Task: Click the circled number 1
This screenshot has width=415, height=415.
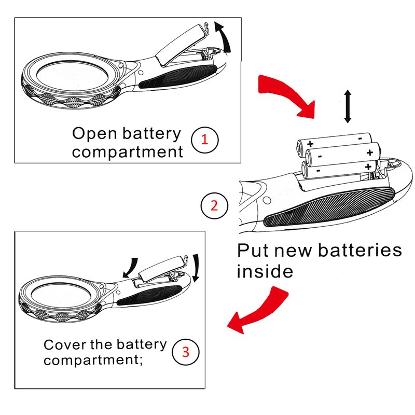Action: point(204,139)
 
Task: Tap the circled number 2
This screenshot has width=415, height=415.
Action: point(214,206)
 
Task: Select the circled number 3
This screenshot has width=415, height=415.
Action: point(185,352)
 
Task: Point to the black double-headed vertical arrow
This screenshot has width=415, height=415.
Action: point(348,106)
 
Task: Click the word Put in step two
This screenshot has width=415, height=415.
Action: point(255,251)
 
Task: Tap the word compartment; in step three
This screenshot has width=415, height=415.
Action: point(93,360)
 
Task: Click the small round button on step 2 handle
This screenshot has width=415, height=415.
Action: point(265,199)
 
